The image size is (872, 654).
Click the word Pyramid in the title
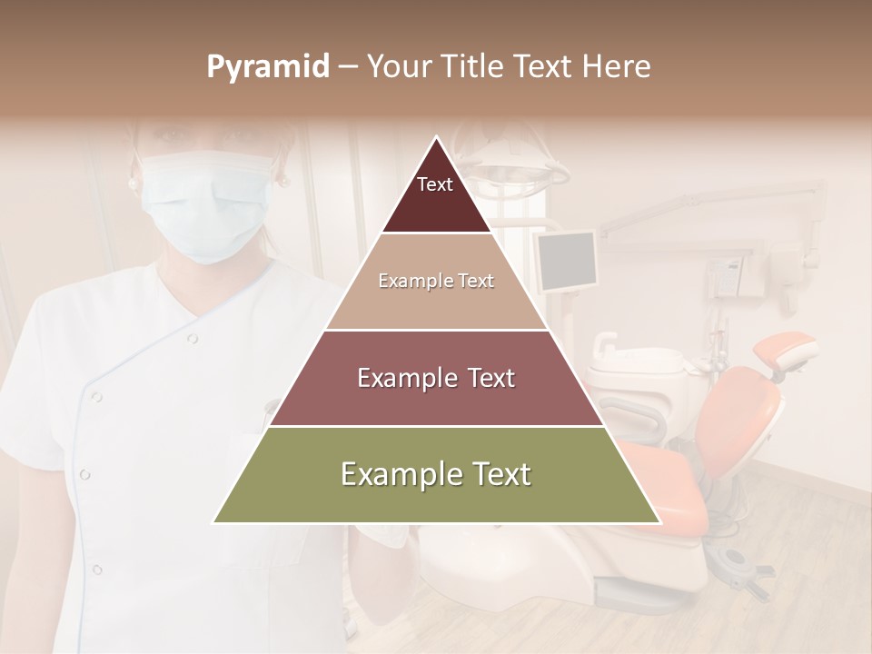point(267,67)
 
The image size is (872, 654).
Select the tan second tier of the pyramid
point(436,282)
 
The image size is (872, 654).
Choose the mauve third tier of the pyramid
point(436,378)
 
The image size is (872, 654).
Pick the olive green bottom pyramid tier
point(436,475)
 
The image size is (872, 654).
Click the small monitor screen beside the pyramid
point(566,261)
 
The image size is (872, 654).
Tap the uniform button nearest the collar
point(193,338)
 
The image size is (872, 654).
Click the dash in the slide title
point(347,67)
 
